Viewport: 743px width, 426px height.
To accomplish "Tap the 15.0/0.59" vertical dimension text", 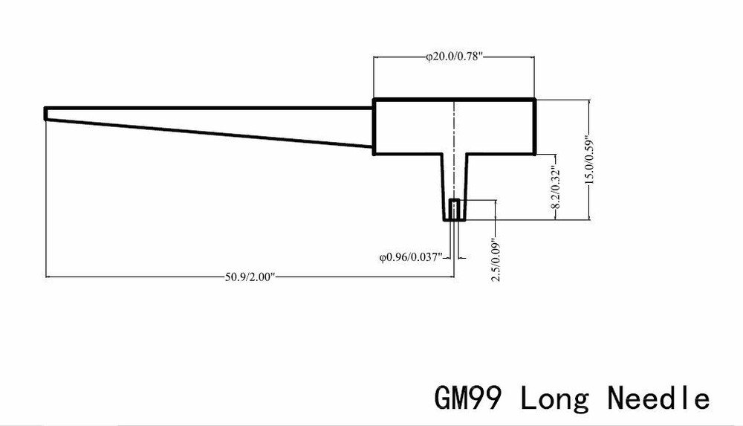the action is click(590, 161).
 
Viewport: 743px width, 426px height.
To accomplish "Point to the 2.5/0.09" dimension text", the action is click(496, 259).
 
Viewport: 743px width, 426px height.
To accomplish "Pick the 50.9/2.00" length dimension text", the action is click(250, 277).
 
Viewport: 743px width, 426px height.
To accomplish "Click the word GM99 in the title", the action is click(467, 398).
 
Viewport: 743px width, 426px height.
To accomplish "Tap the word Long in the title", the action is click(555, 398).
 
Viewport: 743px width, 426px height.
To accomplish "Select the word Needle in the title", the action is click(658, 398).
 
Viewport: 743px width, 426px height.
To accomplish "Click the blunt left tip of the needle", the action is click(46, 114).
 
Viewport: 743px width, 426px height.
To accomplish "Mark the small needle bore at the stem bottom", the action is click(455, 210).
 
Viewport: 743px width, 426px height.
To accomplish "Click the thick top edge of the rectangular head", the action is click(455, 100).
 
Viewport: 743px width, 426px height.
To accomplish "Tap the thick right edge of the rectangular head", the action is click(534, 126).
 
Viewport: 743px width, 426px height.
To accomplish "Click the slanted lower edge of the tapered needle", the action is click(209, 133).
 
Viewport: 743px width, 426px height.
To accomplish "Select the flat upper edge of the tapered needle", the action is click(209, 109).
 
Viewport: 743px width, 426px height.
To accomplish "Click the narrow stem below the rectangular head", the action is click(455, 187).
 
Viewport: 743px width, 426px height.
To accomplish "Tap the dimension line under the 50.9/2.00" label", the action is click(250, 277).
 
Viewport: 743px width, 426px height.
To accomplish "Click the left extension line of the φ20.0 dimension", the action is click(374, 77).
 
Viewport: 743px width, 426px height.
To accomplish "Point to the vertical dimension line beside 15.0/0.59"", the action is click(589, 160).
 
